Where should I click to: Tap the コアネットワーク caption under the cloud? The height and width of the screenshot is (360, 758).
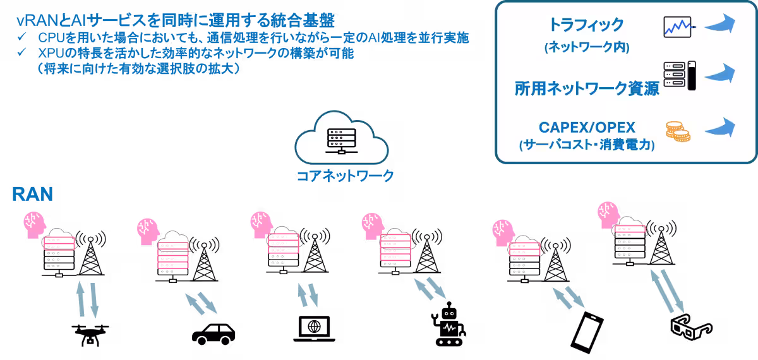[x=346, y=176]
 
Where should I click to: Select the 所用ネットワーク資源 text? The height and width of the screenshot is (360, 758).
[x=587, y=88]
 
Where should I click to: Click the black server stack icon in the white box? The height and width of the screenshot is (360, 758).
[x=679, y=76]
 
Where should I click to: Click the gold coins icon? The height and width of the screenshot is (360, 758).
[x=677, y=131]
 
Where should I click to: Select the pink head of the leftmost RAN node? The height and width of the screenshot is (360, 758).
[x=33, y=224]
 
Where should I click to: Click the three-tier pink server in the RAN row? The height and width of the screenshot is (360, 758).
[x=172, y=255]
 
